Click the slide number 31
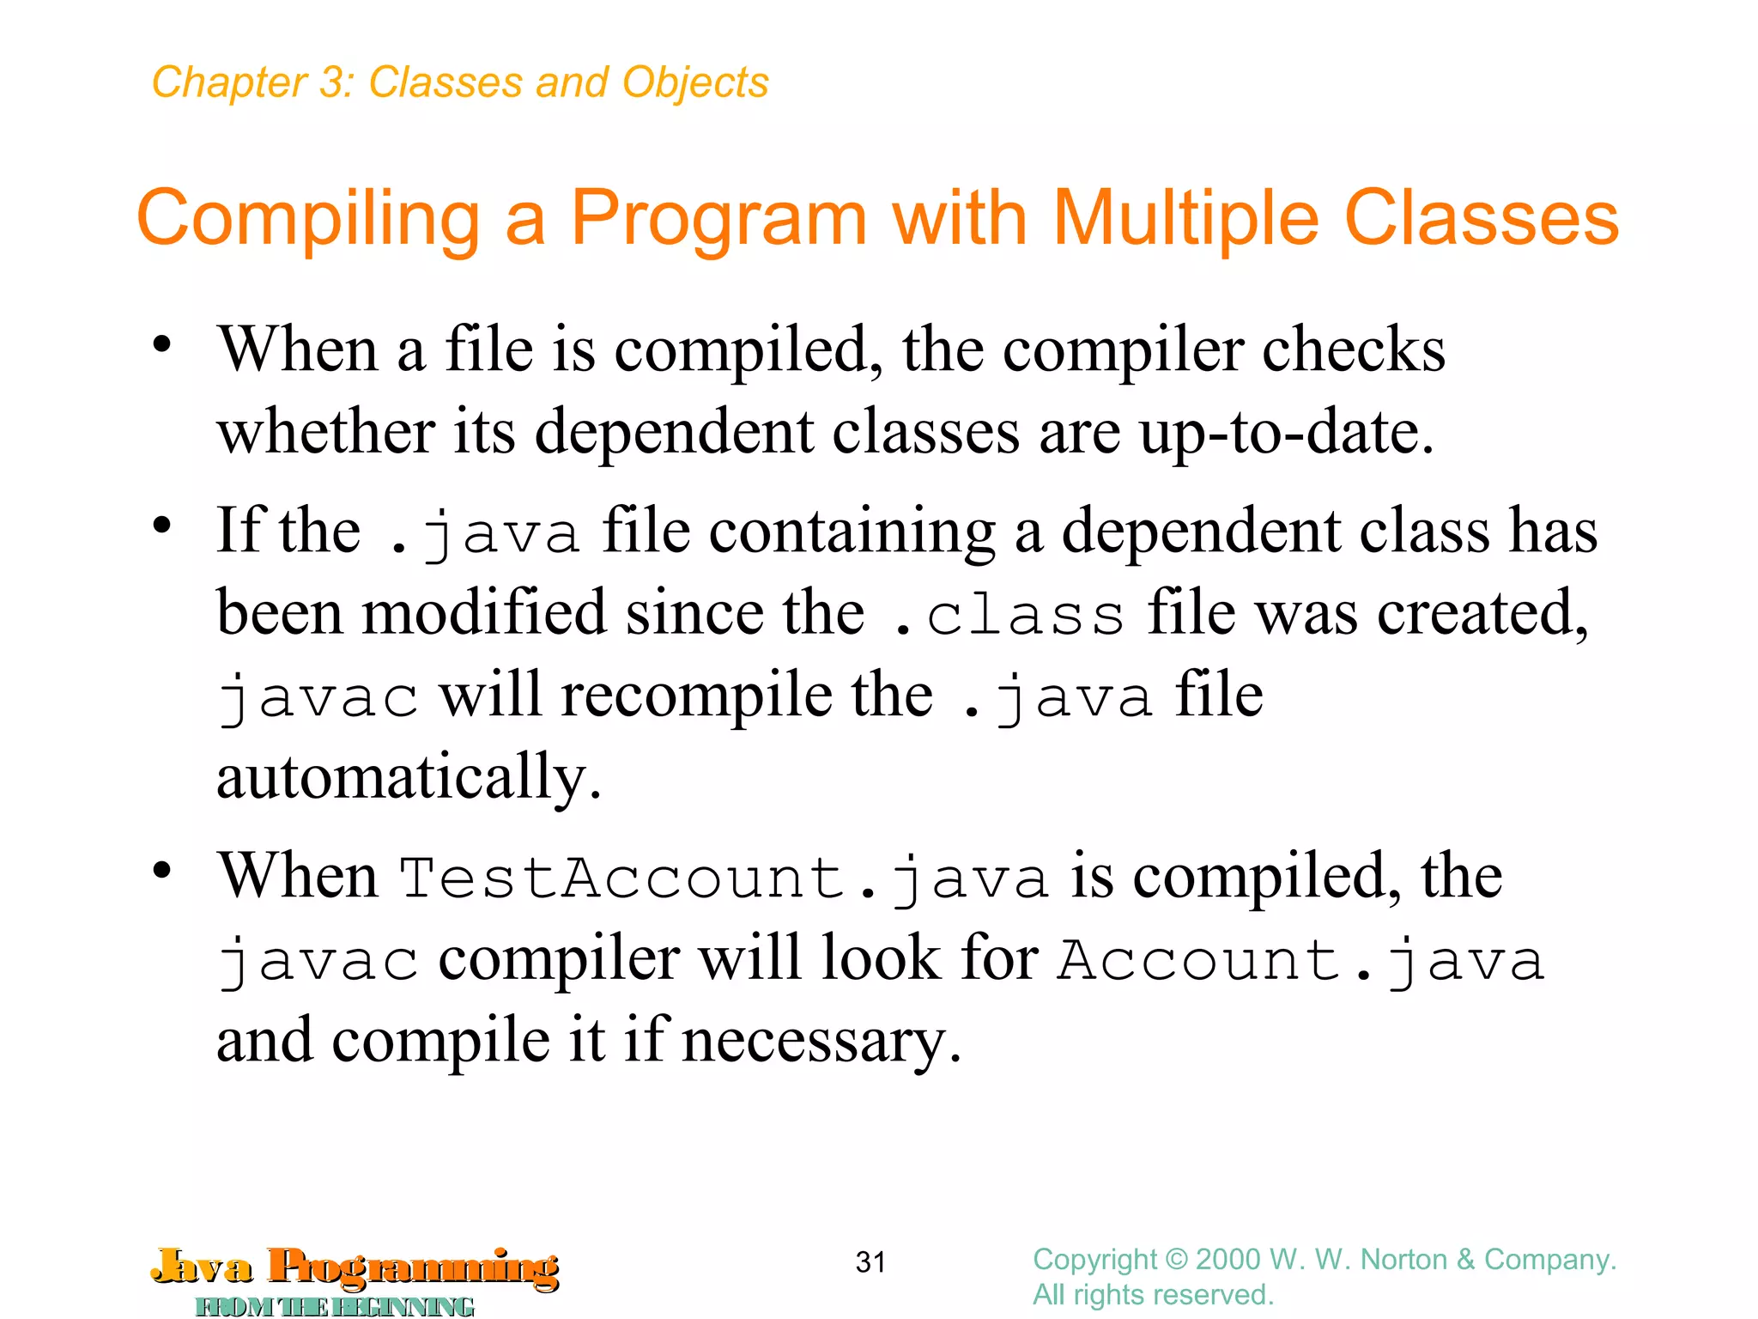point(870,1261)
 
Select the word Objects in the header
point(695,82)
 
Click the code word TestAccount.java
point(724,878)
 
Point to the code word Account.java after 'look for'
point(1300,960)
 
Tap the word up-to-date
point(1286,431)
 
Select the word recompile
point(696,695)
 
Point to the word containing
point(852,531)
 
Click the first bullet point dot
point(161,345)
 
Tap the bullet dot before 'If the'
point(161,526)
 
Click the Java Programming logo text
point(355,1267)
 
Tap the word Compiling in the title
point(308,218)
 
